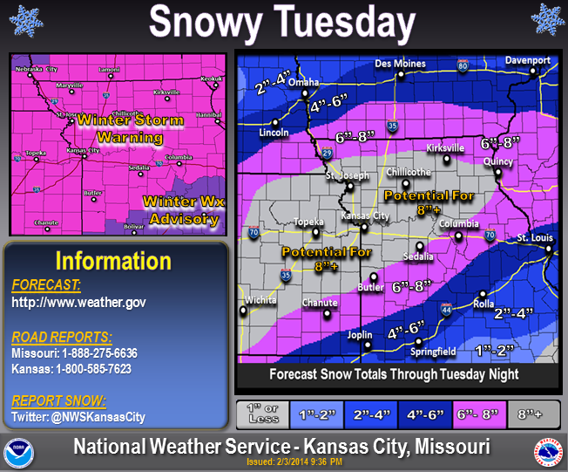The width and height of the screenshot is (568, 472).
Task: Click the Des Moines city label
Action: click(x=401, y=64)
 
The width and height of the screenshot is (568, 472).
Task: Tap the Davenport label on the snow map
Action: click(x=528, y=60)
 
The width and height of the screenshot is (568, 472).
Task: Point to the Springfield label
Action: click(x=433, y=352)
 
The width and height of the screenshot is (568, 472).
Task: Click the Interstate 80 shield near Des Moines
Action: click(x=463, y=65)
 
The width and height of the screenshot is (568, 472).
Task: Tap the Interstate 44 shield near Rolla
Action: click(x=446, y=309)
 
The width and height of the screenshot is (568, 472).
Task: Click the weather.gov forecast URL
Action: click(x=78, y=302)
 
